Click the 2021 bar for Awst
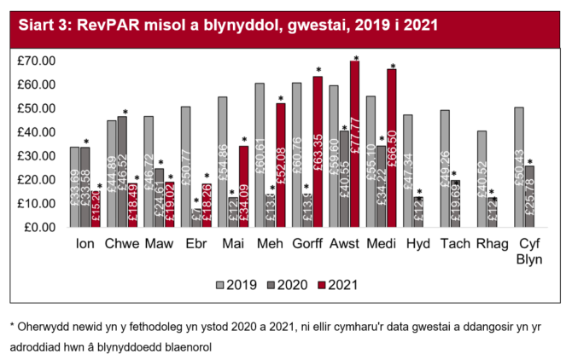tap(354, 144)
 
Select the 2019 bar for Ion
tap(74, 187)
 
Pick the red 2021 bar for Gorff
tap(318, 152)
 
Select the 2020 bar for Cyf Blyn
tap(529, 196)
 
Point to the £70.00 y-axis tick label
tap(37, 61)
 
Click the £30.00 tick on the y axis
tap(37, 156)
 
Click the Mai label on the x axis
tap(233, 244)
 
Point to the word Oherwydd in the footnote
tap(45, 326)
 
